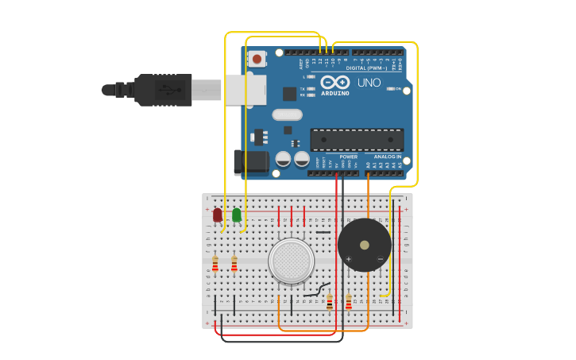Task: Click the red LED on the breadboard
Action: pos(218,215)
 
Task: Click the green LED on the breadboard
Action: pos(237,215)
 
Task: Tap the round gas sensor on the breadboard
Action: pos(291,261)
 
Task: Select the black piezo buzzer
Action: pos(365,245)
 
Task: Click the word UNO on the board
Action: pos(369,83)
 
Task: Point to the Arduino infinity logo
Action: pos(335,82)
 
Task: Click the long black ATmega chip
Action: pos(357,140)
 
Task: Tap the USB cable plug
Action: pos(163,90)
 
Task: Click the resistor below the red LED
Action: pos(215,264)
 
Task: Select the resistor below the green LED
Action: pos(234,264)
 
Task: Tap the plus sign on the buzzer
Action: pos(349,259)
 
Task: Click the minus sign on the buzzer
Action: pos(381,259)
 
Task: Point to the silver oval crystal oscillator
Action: pos(287,114)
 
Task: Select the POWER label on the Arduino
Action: pos(348,157)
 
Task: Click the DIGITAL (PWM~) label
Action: pos(367,68)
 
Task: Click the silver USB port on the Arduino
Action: pos(246,90)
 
